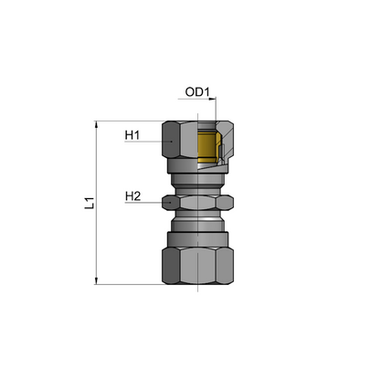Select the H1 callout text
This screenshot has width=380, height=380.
pyautogui.click(x=132, y=136)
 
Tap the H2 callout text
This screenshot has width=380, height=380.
pyautogui.click(x=132, y=194)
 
